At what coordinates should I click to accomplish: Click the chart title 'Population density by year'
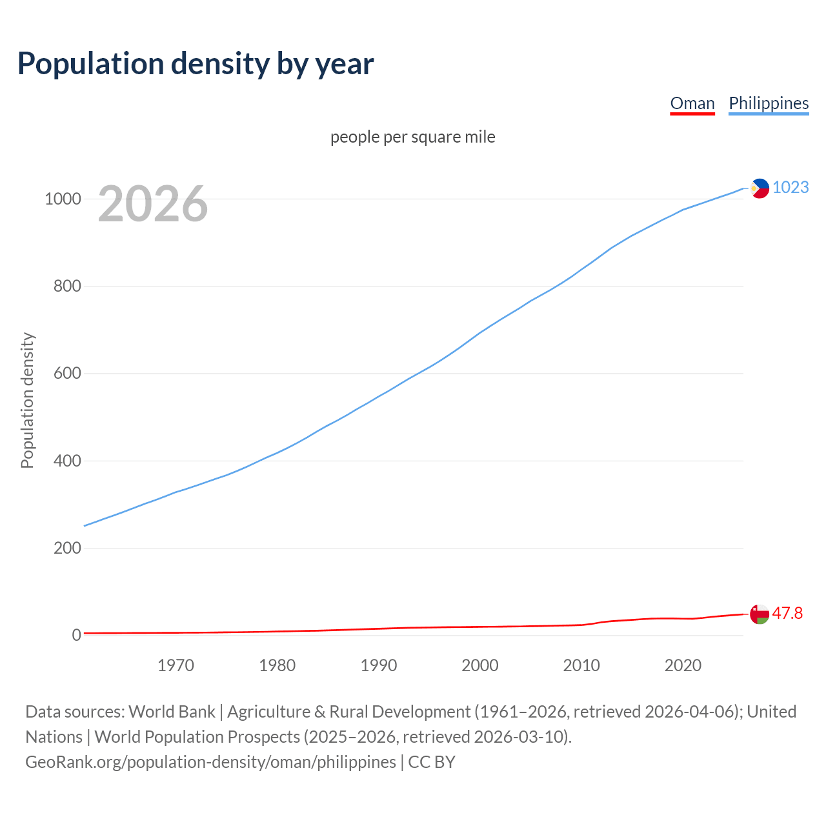[196, 64]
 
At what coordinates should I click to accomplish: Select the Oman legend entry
[692, 103]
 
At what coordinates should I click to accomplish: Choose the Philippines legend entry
[769, 103]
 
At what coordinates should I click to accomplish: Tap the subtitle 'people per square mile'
[413, 137]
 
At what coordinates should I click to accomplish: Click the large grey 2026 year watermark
[153, 204]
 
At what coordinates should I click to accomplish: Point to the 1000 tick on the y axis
[63, 199]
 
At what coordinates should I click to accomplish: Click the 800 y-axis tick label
[67, 286]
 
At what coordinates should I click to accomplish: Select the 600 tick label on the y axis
[67, 374]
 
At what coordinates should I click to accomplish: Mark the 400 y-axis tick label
[67, 461]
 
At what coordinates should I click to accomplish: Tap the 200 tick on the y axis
[67, 548]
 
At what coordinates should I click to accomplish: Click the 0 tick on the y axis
[77, 635]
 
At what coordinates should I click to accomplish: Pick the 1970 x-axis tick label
[176, 665]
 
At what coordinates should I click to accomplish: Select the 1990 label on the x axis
[379, 665]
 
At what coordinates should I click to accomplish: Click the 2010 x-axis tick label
[581, 665]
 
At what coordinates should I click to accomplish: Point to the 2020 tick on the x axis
[683, 665]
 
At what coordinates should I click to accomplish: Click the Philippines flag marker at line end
[760, 188]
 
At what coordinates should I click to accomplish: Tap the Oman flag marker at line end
[760, 614]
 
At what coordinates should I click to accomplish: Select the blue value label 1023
[791, 187]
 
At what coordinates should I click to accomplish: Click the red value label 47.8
[787, 613]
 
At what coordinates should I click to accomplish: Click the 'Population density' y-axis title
[27, 400]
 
